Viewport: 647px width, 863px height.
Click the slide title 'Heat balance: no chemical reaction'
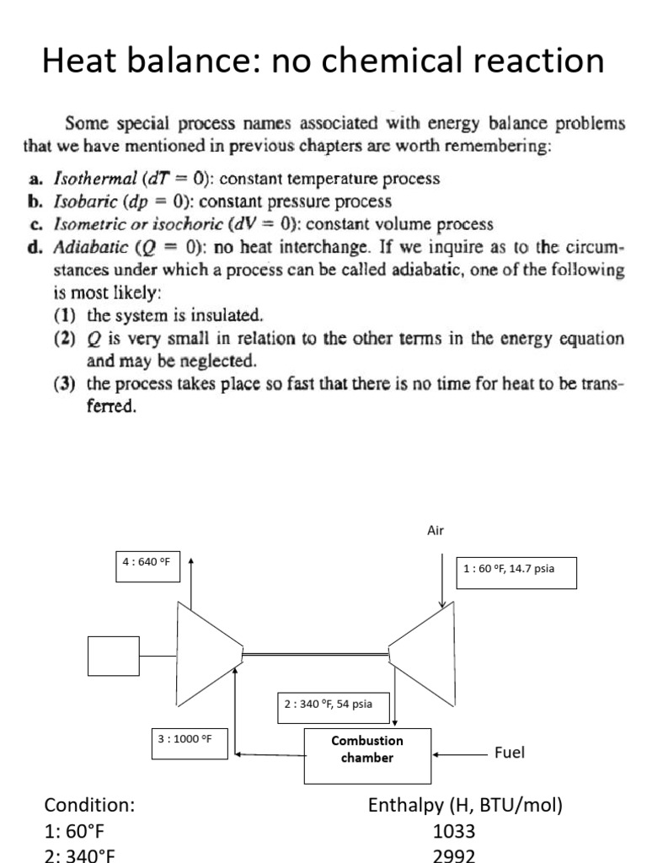(323, 62)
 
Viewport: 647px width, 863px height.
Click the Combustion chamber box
(366, 749)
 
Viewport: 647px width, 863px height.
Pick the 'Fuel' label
(510, 753)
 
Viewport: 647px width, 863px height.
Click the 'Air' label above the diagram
(436, 530)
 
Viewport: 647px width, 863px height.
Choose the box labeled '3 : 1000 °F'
(184, 739)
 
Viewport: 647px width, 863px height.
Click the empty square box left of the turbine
(115, 656)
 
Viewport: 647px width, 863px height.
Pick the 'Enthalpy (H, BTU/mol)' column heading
(465, 806)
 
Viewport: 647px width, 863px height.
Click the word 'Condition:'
(89, 806)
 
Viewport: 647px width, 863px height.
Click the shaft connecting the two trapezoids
(316, 652)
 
